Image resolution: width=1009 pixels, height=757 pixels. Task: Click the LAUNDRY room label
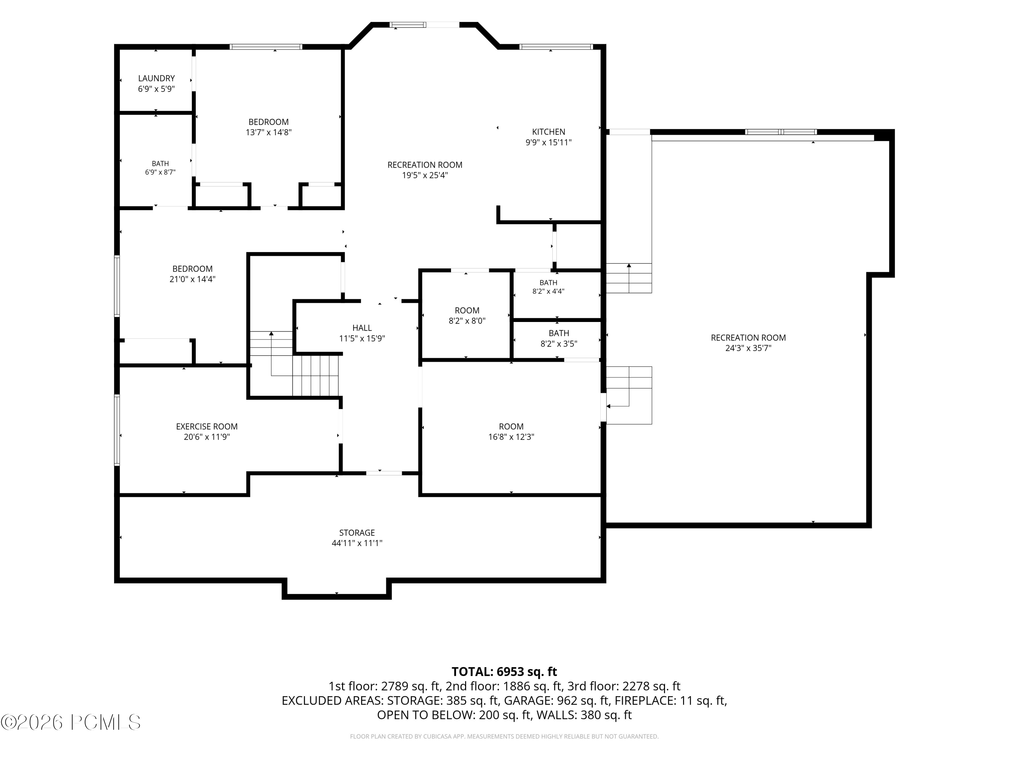point(156,78)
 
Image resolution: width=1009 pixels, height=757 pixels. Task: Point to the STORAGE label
point(357,533)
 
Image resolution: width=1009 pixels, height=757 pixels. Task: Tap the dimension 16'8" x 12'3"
point(511,437)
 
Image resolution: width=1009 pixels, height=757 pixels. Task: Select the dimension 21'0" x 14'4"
point(192,279)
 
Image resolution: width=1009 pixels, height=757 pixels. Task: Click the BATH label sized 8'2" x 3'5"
point(559,333)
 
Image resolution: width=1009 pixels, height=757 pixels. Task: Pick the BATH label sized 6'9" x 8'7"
point(160,164)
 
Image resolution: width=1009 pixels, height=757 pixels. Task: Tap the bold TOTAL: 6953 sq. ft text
point(504,672)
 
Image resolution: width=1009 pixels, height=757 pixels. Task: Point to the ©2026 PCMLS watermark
point(71,722)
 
